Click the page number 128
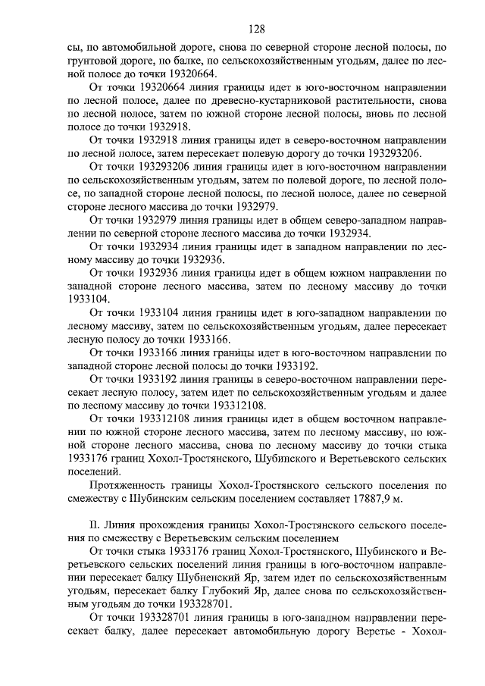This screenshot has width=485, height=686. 255,30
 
